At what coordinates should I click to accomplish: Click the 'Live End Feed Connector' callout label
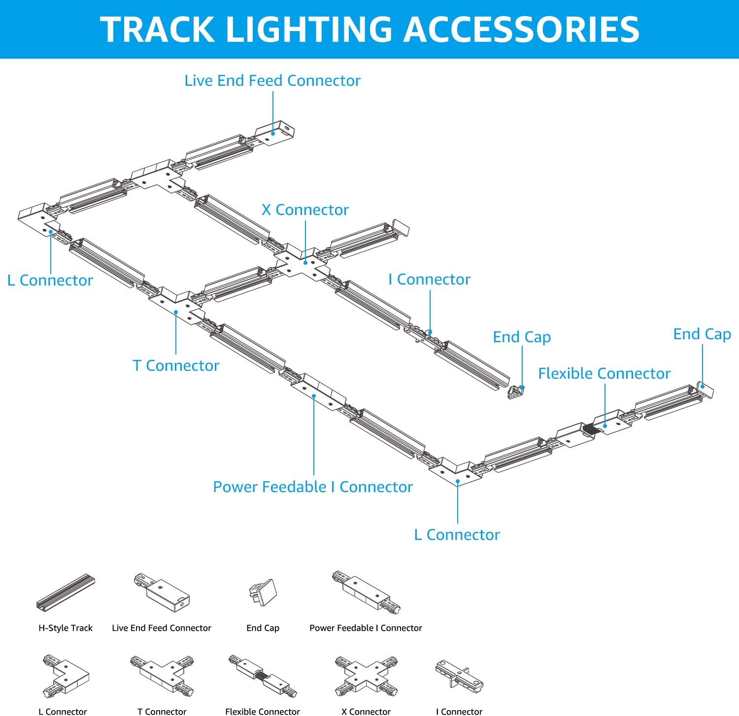tap(272, 81)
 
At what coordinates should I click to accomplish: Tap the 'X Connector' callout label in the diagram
tap(305, 210)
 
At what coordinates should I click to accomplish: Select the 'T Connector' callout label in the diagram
tap(176, 366)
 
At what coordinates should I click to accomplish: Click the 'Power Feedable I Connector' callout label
tap(313, 487)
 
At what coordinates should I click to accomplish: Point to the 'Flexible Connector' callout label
tap(604, 374)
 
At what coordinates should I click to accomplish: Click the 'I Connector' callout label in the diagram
tap(429, 280)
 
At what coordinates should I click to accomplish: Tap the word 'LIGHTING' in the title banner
tap(309, 30)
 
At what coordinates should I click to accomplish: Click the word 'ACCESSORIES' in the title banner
tap(522, 30)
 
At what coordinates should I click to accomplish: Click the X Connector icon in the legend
tap(366, 676)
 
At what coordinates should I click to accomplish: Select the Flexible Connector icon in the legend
tap(263, 676)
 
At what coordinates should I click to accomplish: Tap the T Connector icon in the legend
tap(162, 675)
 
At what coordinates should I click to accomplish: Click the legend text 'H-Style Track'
tap(66, 628)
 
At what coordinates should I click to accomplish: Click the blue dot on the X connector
tap(305, 263)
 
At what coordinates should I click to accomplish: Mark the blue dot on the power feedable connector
tap(314, 396)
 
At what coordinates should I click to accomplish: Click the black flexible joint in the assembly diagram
tap(592, 429)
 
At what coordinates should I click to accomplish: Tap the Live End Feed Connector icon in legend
tap(162, 591)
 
